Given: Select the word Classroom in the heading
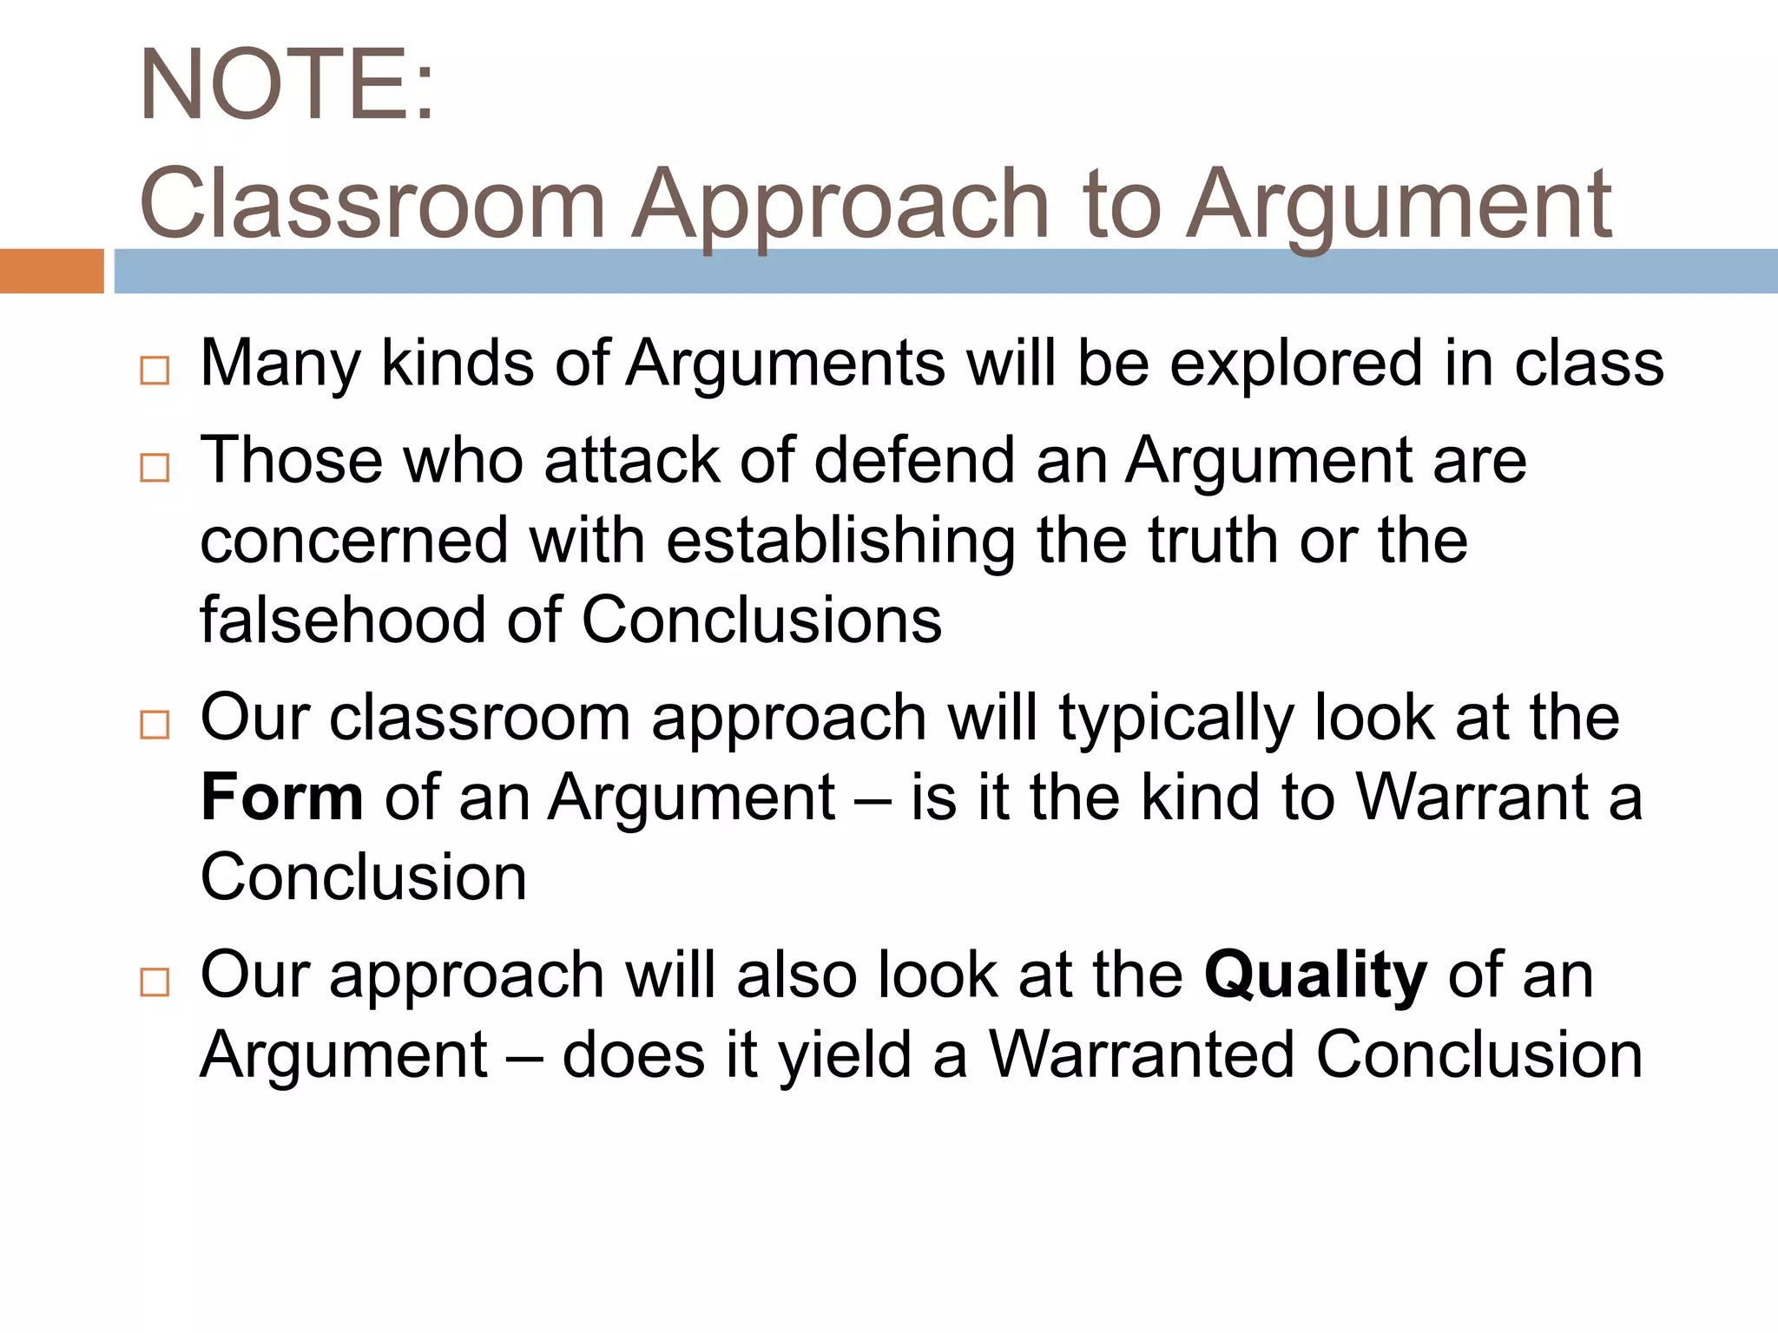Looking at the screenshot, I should pyautogui.click(x=372, y=205).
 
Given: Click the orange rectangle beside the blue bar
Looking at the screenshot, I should pyautogui.click(x=51, y=271).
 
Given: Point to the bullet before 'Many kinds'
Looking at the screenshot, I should pyautogui.click(x=155, y=371).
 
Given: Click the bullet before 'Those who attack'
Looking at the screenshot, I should pyautogui.click(x=155, y=468).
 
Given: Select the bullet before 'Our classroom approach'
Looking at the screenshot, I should pyautogui.click(x=155, y=724).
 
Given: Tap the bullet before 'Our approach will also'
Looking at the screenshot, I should pyautogui.click(x=155, y=982).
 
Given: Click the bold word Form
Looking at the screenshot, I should pyautogui.click(x=281, y=798).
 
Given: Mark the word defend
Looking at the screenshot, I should pyautogui.click(x=914, y=460).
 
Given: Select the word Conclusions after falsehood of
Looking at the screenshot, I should pyautogui.click(x=761, y=620).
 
